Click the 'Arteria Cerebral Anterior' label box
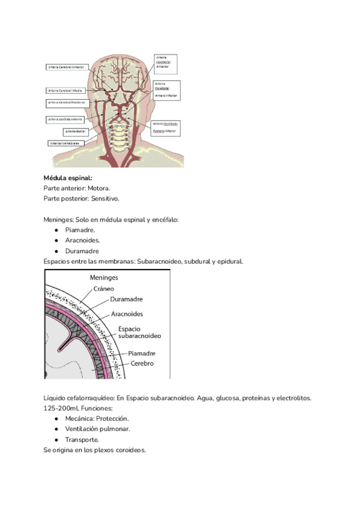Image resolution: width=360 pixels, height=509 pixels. tap(67, 67)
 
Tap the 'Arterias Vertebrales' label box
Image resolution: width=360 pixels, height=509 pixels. tap(66, 143)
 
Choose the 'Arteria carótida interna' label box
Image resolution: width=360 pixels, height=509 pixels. tap(65, 119)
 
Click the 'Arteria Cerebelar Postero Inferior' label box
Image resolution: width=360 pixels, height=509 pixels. tap(167, 127)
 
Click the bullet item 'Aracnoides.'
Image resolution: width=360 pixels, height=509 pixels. tap(83, 240)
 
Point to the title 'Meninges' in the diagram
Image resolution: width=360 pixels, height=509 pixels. tap(104, 278)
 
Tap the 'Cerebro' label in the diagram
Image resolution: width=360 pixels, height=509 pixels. tap(142, 364)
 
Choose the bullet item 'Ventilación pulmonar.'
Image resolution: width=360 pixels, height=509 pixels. tap(98, 429)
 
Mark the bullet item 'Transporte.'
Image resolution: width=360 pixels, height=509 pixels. tap(82, 439)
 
